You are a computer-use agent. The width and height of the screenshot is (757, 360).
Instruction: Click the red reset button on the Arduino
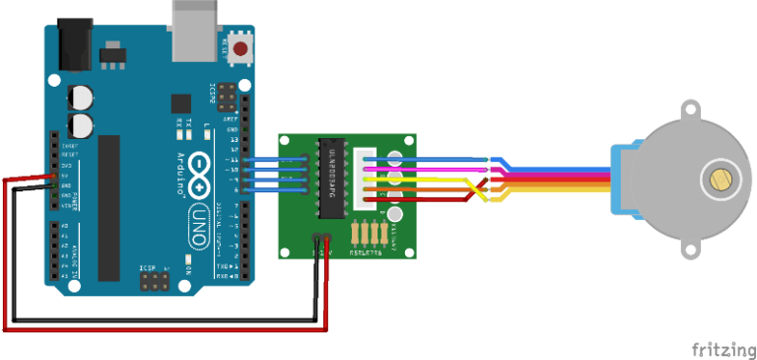click(x=240, y=47)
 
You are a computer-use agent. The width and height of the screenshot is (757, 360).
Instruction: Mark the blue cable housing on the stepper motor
click(x=621, y=180)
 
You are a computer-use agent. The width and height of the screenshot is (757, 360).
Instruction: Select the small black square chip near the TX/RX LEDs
click(x=180, y=103)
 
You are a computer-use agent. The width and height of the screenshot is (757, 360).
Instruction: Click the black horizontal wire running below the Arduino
click(x=168, y=319)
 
